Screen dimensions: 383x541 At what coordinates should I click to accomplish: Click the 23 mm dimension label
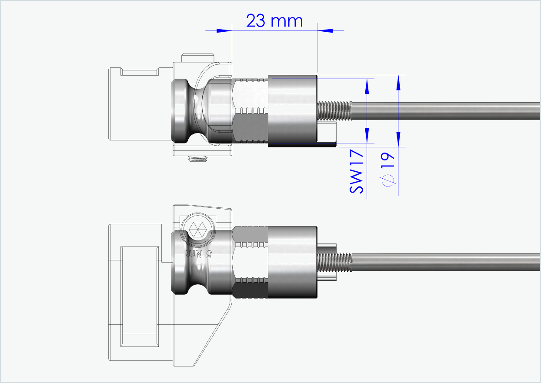coord(274,20)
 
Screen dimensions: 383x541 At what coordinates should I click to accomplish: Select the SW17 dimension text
coord(357,171)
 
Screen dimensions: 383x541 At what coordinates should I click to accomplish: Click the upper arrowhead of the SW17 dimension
coord(367,87)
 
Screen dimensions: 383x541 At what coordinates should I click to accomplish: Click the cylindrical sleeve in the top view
coord(292,110)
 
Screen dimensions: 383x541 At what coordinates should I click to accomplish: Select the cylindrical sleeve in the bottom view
coord(292,262)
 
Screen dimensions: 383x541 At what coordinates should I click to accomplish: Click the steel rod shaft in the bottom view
coord(444,261)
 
